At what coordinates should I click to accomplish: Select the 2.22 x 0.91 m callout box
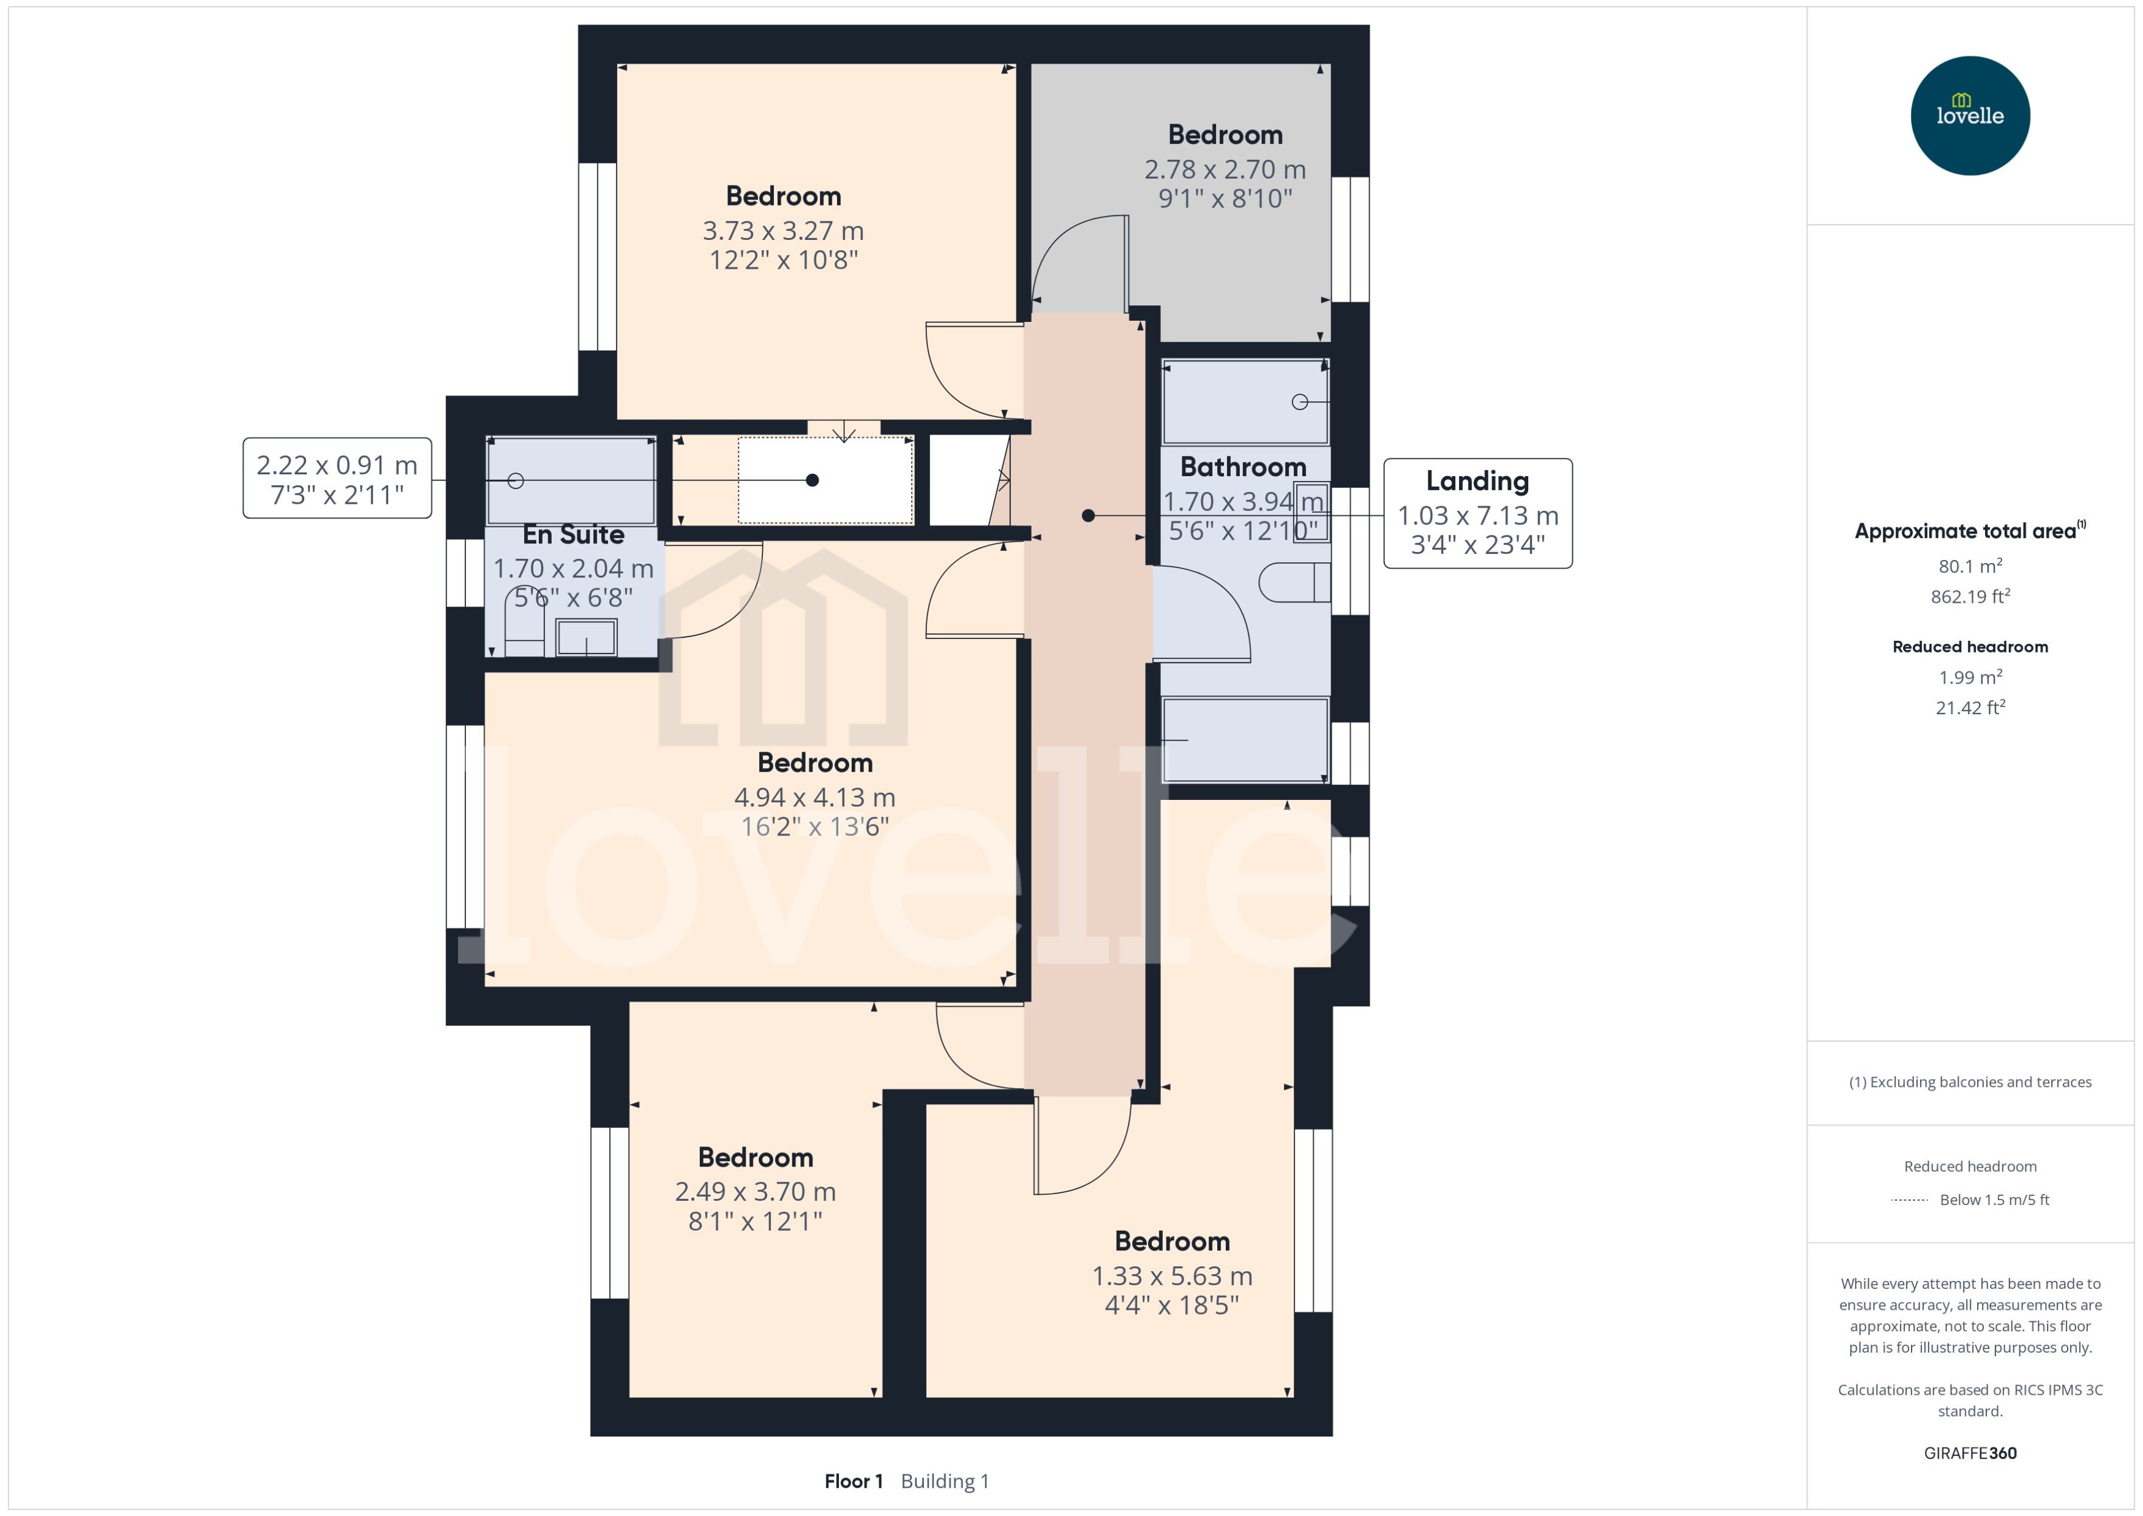coord(337,478)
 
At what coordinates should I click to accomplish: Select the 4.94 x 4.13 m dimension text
coord(814,797)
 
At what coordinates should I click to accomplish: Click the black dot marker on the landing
coord(1088,515)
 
